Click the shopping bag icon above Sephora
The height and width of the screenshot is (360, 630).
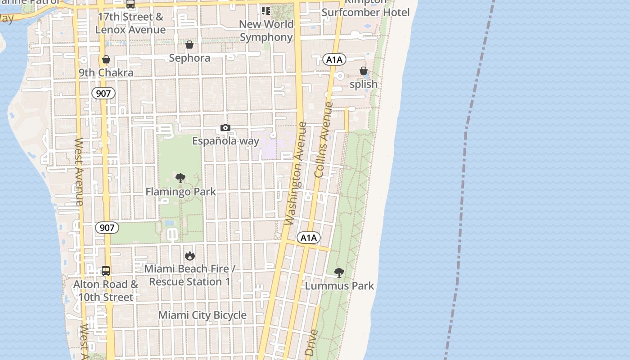point(189,45)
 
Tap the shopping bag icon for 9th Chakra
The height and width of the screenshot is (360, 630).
point(106,59)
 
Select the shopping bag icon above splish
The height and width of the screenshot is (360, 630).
point(363,71)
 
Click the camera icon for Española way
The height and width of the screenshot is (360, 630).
point(225,128)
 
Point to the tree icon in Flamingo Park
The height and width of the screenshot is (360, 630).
point(180,178)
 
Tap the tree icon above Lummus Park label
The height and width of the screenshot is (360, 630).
point(339,272)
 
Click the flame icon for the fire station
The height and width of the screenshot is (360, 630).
point(190,256)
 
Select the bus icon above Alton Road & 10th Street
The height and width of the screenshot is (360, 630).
point(106,271)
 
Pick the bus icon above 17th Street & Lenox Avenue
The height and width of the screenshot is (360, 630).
point(130,4)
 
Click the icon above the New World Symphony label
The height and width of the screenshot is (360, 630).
point(266,10)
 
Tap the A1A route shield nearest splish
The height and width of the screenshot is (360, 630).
point(334,59)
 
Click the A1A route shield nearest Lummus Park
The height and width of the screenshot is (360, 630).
point(309,238)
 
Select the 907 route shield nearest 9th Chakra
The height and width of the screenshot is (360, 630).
point(103,94)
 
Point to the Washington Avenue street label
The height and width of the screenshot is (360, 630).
point(296,173)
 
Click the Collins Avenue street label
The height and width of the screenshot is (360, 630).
point(324,139)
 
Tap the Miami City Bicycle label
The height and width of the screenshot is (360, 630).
point(202,315)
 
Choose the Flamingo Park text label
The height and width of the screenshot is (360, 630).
point(180,192)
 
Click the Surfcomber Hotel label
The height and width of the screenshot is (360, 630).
point(365,12)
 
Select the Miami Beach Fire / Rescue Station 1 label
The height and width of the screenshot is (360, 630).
point(189,275)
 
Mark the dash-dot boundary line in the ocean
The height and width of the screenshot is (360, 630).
point(463,180)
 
